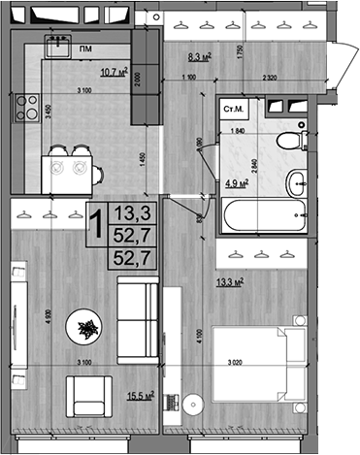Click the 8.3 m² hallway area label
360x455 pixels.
[x=200, y=58]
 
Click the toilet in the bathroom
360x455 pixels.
[x=288, y=143]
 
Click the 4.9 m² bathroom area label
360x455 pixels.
[x=237, y=180]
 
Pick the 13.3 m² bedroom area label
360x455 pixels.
[x=230, y=282]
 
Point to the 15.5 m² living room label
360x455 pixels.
[x=141, y=396]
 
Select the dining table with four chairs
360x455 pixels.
[x=72, y=169]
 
